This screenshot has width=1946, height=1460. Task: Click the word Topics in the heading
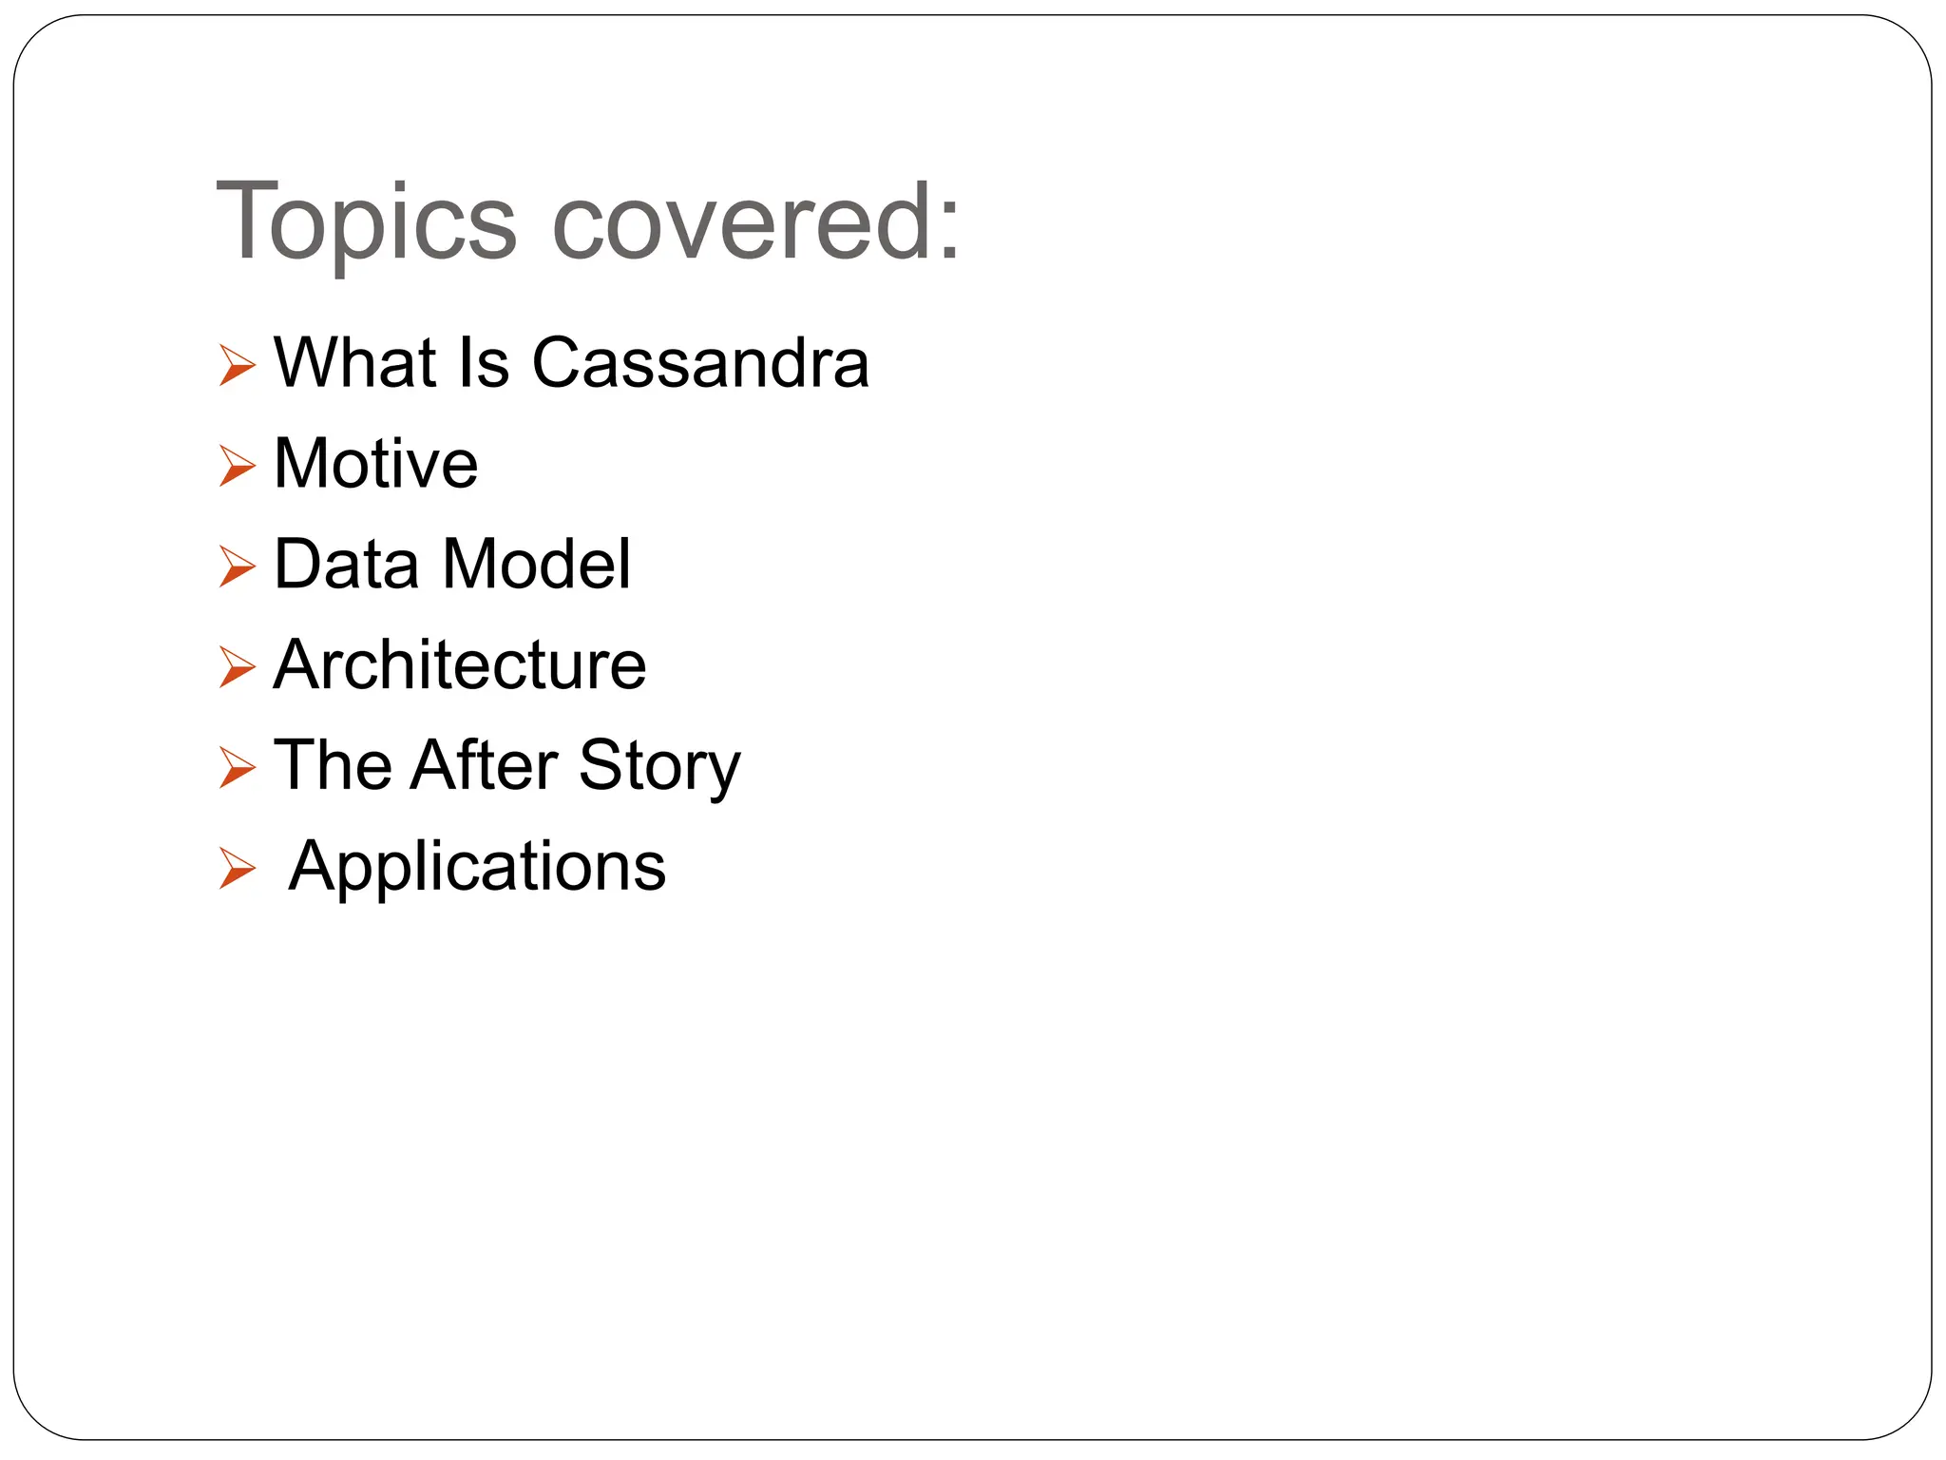point(366,224)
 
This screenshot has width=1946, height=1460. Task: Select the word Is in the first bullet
point(484,363)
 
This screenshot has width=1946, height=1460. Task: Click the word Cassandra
point(700,363)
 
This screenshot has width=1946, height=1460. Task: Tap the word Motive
point(375,464)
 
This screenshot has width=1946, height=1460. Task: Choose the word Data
point(346,565)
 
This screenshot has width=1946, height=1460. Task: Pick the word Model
point(536,565)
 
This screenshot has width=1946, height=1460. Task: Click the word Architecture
point(460,664)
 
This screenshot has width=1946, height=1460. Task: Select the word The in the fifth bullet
point(332,765)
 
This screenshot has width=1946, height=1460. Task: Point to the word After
point(484,765)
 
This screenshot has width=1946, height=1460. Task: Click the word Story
point(658,767)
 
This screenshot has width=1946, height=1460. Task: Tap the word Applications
point(477,867)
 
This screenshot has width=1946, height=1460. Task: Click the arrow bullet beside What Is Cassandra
point(237,366)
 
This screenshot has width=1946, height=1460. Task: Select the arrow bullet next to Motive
point(237,467)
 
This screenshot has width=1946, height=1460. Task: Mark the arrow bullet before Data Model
point(237,567)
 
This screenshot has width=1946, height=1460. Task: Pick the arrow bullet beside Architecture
point(237,667)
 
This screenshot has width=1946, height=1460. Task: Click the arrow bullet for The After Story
point(237,768)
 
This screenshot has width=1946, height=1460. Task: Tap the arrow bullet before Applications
point(237,869)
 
